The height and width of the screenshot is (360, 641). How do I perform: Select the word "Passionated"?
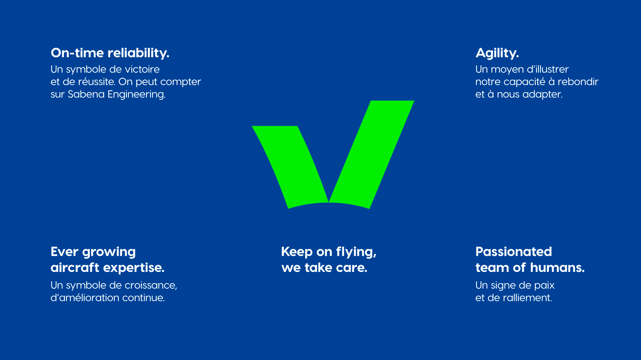pyautogui.click(x=513, y=252)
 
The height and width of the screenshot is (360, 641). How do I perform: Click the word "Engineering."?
pyautogui.click(x=137, y=95)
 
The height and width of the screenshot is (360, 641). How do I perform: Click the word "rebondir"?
pyautogui.click(x=578, y=82)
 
